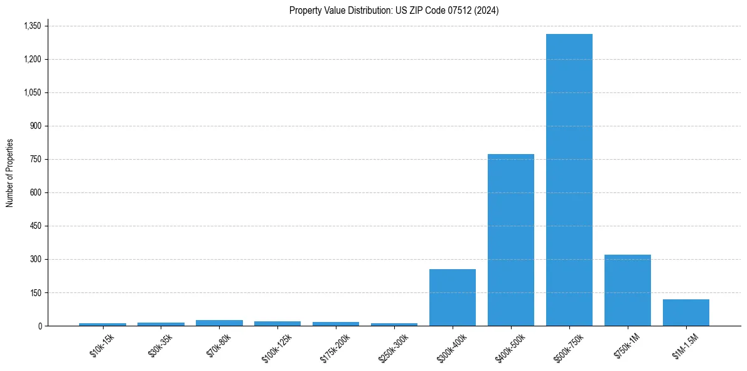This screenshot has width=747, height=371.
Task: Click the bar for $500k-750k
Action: [569, 180]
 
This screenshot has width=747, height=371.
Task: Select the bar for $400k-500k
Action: [510, 240]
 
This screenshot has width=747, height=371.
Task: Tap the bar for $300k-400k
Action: [452, 297]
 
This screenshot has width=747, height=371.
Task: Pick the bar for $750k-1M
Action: [627, 290]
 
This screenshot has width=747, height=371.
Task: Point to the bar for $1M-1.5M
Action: [685, 313]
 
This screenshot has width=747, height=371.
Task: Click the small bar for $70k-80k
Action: [219, 323]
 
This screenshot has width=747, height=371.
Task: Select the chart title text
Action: [394, 11]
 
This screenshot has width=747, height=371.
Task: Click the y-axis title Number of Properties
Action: [10, 173]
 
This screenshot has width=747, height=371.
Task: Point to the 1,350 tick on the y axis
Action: [32, 26]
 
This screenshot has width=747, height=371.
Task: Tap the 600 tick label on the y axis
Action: [35, 192]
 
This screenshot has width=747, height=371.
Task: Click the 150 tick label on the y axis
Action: [35, 292]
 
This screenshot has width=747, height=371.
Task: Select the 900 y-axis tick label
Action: [35, 126]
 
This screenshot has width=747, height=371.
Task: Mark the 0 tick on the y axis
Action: [40, 326]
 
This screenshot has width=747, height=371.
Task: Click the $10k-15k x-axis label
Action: [102, 345]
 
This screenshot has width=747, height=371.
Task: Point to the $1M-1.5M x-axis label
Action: [684, 346]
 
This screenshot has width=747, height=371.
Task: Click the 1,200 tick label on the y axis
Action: [32, 59]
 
